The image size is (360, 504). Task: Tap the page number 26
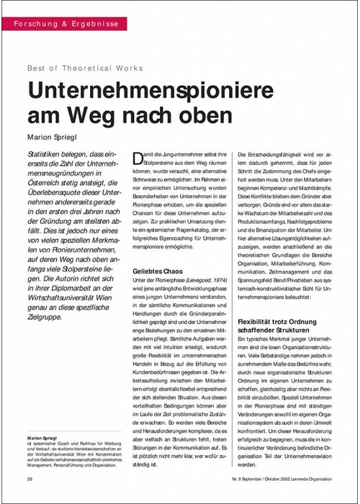tap(29, 479)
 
